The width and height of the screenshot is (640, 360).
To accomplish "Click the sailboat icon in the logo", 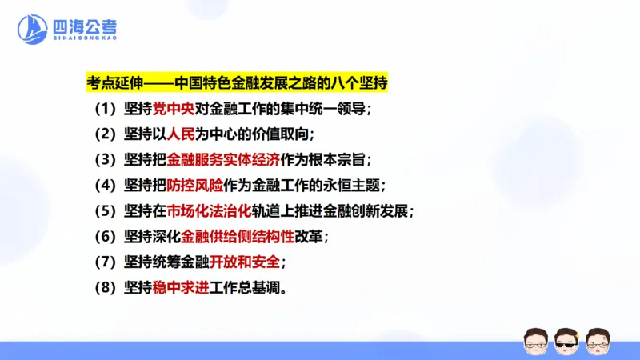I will tap(32, 30).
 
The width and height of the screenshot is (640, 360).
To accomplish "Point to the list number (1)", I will tap(106, 109).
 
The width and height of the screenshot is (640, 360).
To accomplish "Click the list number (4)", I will tap(106, 186).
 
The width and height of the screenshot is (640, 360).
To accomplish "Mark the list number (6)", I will tap(106, 237).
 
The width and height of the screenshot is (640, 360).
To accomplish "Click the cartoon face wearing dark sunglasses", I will tap(566, 341).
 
